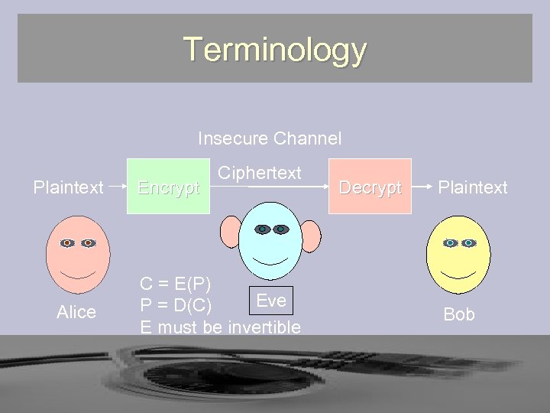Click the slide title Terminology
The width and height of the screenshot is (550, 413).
[275, 50]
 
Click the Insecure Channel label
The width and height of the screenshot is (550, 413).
[270, 138]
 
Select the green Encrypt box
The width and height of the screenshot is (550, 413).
[169, 187]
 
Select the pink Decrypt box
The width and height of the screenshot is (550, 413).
[370, 187]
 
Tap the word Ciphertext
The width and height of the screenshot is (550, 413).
[260, 173]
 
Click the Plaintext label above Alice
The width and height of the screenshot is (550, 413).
[68, 187]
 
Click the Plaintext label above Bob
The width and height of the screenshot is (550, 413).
[473, 187]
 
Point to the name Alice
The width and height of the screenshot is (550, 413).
[76, 312]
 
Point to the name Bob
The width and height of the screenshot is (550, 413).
[459, 314]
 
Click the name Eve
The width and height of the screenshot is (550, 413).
[272, 301]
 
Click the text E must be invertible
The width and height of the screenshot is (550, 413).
[220, 327]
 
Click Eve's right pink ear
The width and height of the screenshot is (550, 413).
[311, 233]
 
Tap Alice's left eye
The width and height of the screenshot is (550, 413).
[68, 243]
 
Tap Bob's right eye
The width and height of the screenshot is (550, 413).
[468, 243]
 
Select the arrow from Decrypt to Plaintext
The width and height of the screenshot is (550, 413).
[422, 186]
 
